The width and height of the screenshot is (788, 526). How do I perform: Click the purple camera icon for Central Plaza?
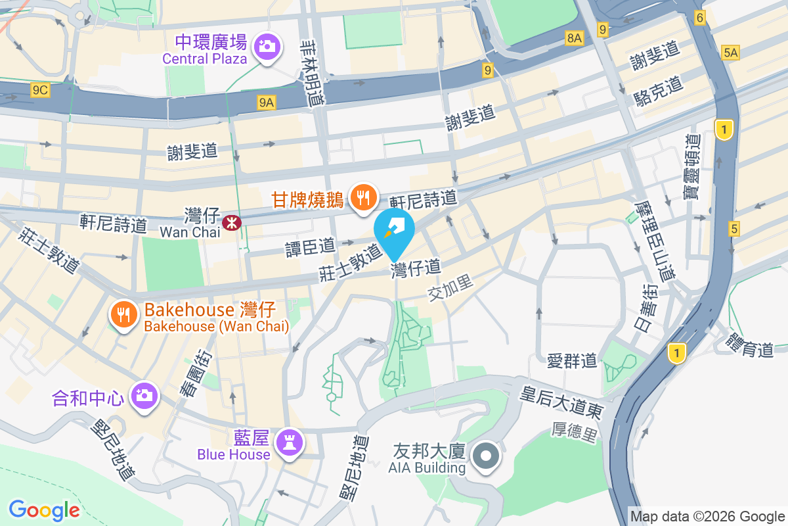267,46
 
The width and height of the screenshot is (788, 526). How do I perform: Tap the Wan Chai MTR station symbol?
231,222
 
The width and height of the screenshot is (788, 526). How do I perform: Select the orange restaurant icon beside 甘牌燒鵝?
362,196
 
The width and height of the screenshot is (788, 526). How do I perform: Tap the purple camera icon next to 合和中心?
142,395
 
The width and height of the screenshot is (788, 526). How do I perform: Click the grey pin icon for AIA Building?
486,455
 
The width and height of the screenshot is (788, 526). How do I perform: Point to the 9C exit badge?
40,91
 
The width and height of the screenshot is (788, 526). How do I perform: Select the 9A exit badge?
267,102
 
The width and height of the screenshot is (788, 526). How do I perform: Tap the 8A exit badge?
574,39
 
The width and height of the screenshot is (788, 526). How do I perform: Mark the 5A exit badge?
730,52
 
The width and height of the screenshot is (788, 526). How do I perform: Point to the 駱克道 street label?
659,91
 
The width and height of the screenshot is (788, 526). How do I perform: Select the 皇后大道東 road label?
561,402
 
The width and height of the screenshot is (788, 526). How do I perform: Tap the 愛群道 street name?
572,360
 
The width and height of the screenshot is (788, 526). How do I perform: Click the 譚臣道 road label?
310,247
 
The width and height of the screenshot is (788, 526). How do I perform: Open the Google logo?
44,510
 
